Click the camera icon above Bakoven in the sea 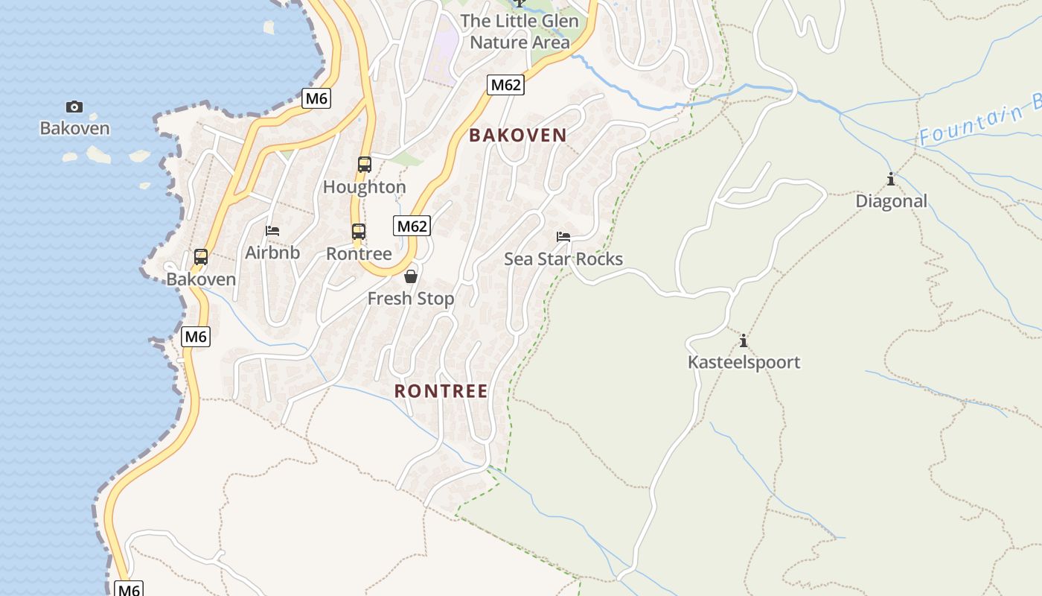tap(74, 107)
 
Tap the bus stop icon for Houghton tap(365, 165)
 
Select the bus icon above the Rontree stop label tap(359, 232)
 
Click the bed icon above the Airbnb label tap(273, 231)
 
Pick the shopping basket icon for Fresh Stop tap(411, 277)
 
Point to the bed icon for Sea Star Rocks tap(563, 237)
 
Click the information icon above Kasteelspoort tap(743, 341)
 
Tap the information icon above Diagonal tap(891, 180)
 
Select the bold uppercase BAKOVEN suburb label tap(518, 135)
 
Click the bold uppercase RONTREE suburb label tap(441, 391)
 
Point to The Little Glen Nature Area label tap(520, 31)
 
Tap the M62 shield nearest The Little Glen tap(506, 85)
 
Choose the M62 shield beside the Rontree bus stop tap(412, 226)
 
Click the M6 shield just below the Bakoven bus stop tap(196, 337)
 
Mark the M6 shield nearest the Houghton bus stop tap(316, 98)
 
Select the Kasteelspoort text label tap(744, 363)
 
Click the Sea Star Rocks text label tap(563, 259)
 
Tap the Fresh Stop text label tap(411, 299)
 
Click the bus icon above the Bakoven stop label tap(201, 257)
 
